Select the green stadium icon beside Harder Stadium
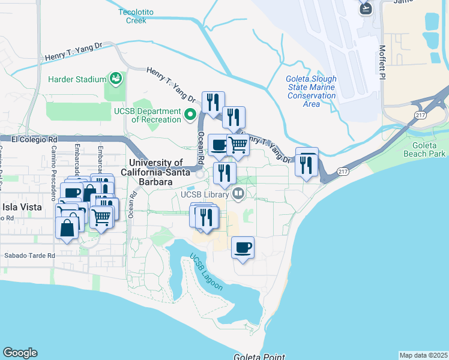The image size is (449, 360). (x=115, y=79)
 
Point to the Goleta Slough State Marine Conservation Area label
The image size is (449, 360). (x=311, y=91)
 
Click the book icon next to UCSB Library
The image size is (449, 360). (x=238, y=194)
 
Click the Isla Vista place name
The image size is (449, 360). (x=22, y=207)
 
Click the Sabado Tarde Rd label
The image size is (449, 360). (x=30, y=255)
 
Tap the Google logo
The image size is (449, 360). (x=20, y=353)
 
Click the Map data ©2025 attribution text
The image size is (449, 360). (x=423, y=355)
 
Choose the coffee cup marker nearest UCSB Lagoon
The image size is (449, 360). (x=243, y=248)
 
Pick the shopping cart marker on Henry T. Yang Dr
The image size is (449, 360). (x=238, y=145)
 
